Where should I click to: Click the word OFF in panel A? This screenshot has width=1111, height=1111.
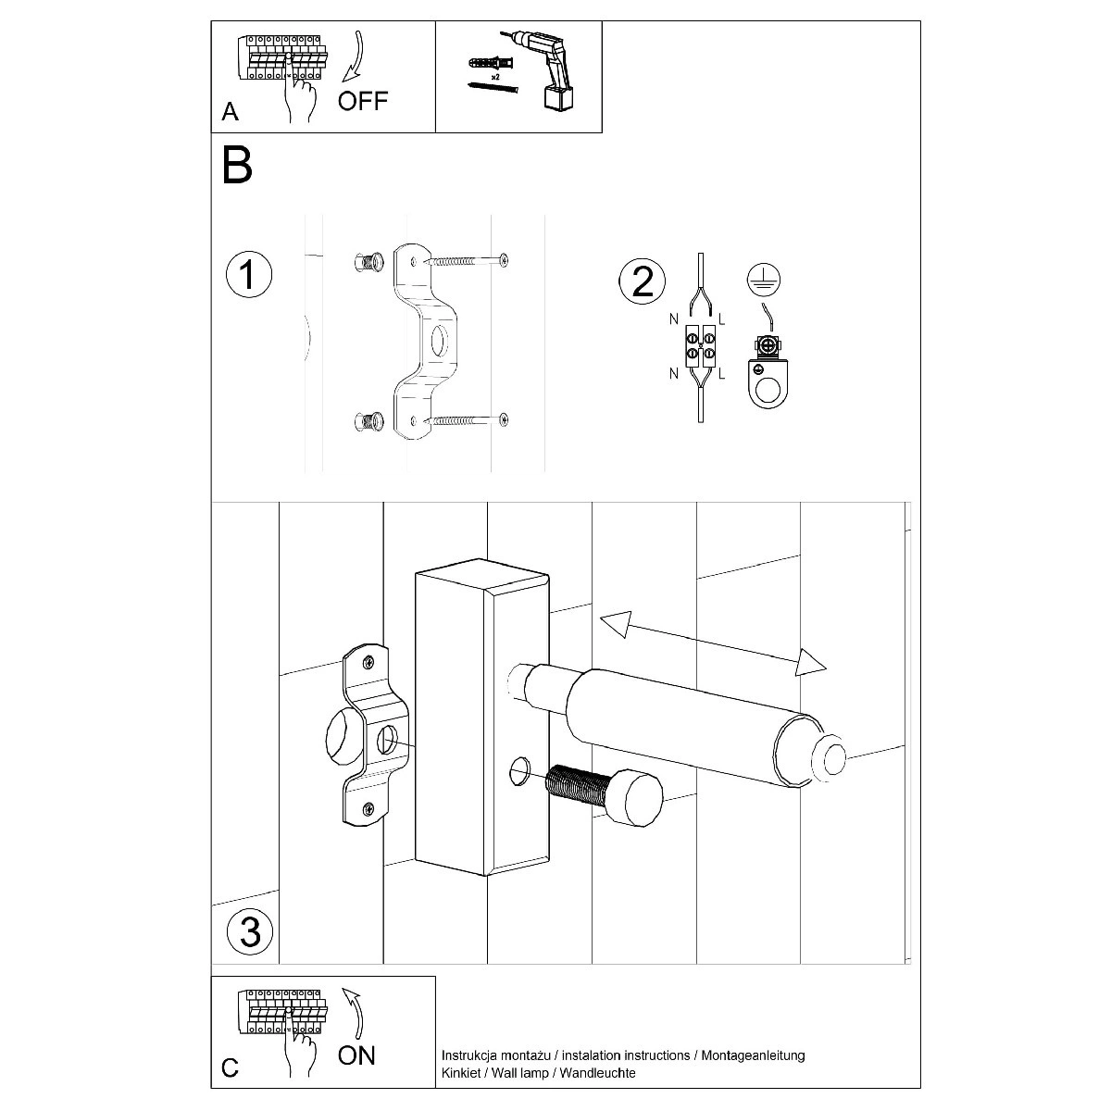363,101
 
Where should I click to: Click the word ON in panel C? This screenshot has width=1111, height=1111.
356,1055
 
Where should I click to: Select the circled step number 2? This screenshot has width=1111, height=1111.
642,281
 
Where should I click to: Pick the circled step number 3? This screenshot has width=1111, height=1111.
249,930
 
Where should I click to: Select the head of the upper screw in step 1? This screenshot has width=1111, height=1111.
503,260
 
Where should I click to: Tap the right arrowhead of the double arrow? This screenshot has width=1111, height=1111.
811,662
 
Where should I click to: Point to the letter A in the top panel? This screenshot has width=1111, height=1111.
231,112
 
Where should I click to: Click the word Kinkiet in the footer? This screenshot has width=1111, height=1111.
460,1073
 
